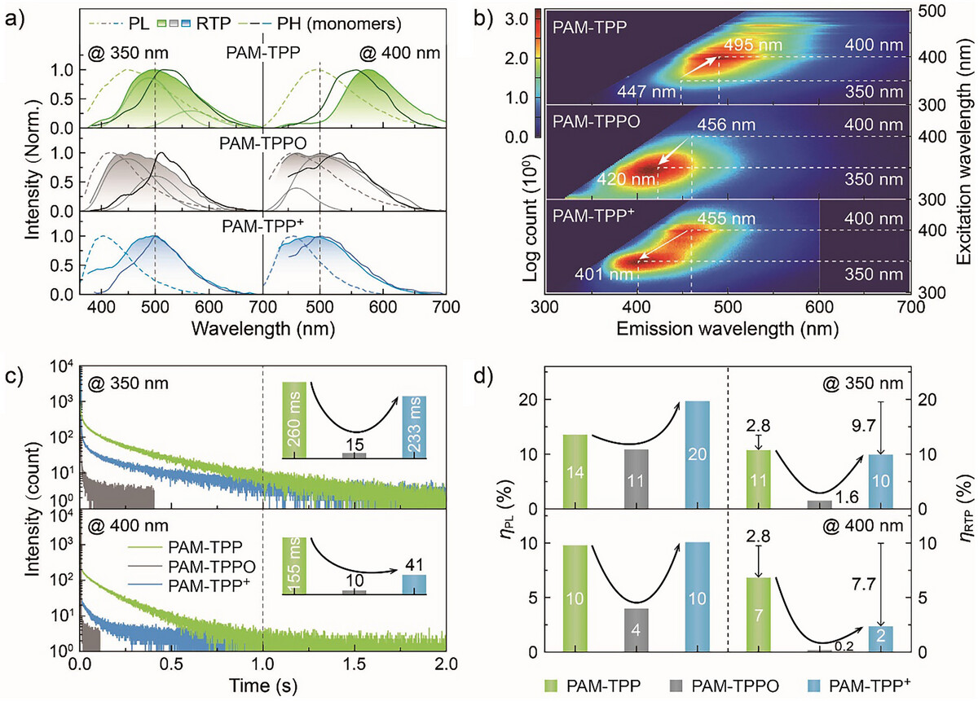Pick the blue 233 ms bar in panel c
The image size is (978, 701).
(x=414, y=427)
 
